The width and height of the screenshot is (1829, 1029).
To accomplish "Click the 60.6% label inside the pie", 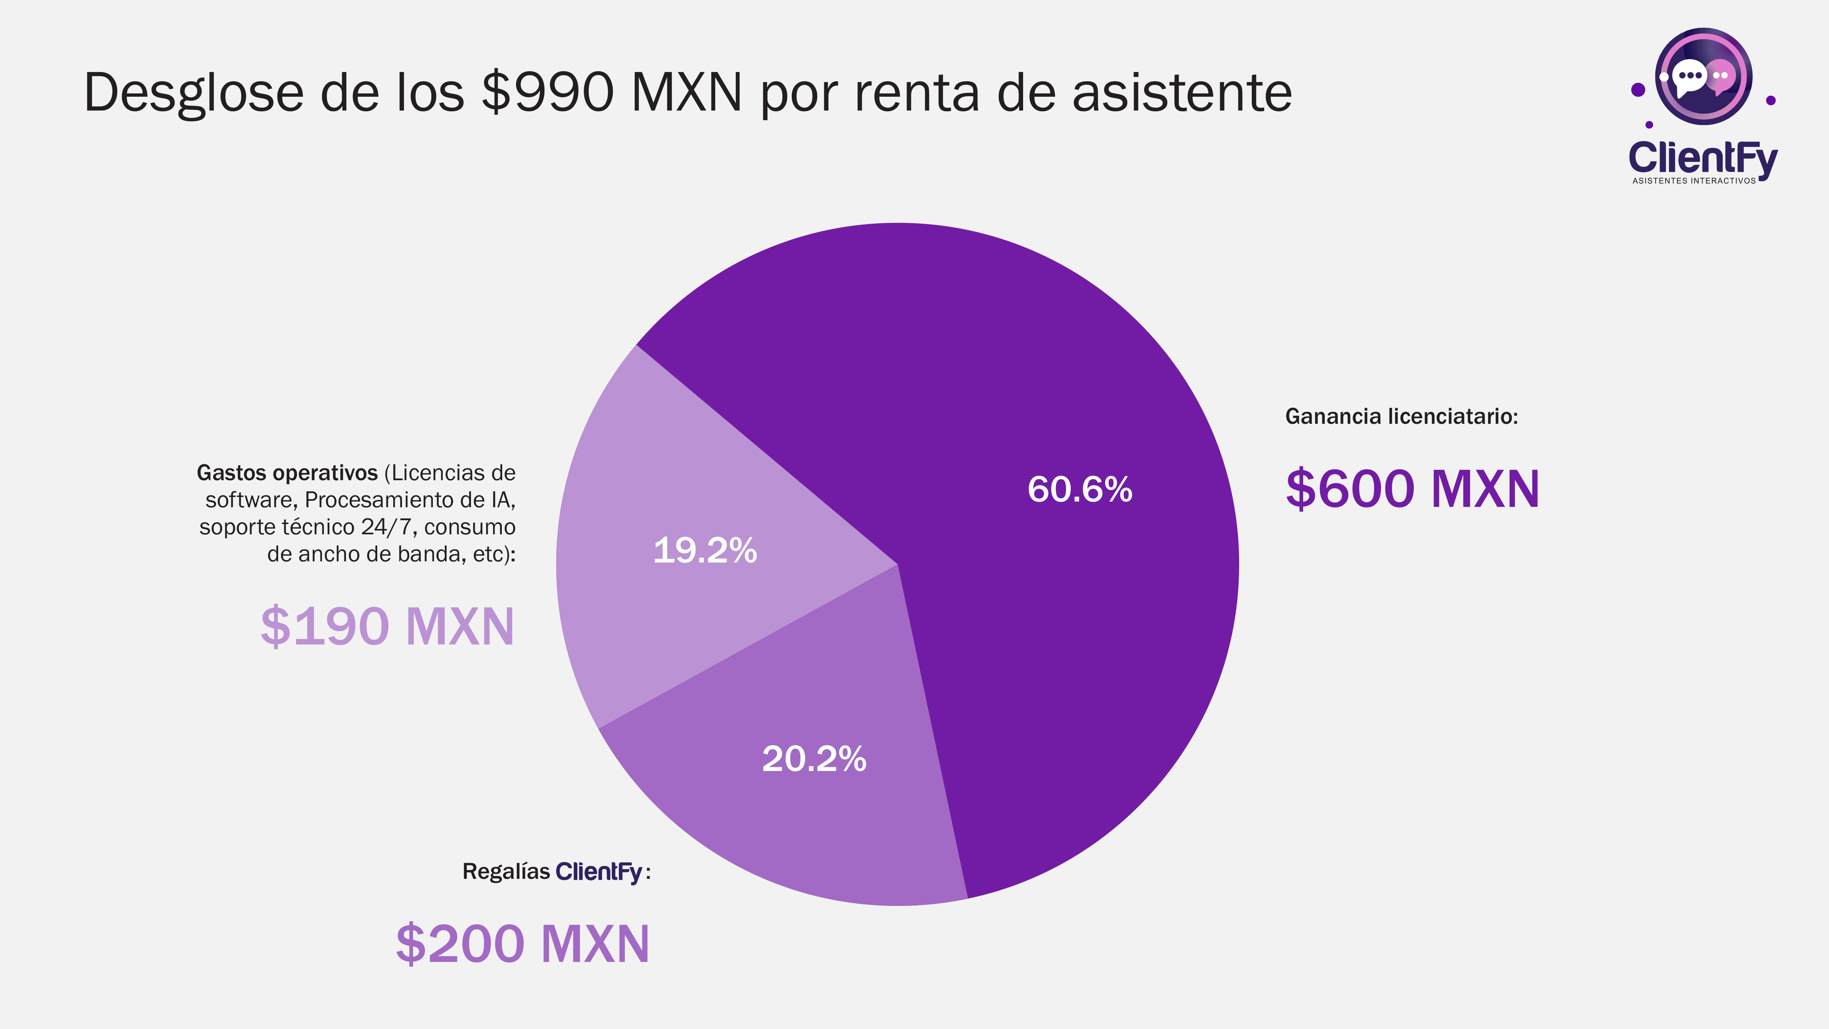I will (x=1079, y=489).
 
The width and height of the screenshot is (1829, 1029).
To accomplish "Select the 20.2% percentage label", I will (x=814, y=758).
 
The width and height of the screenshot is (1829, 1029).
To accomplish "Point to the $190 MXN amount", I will (x=387, y=626).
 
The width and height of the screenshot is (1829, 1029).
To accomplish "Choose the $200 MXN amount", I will (x=522, y=943).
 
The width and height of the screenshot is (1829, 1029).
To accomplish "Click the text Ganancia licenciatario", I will (x=1401, y=416).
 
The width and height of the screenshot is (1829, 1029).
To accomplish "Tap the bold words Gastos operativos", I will (x=287, y=473).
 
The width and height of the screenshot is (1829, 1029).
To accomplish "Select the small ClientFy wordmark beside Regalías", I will (x=599, y=871).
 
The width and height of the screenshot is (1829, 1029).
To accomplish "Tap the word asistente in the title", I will (x=1182, y=92).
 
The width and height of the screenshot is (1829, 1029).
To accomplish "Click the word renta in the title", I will (x=917, y=92).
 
